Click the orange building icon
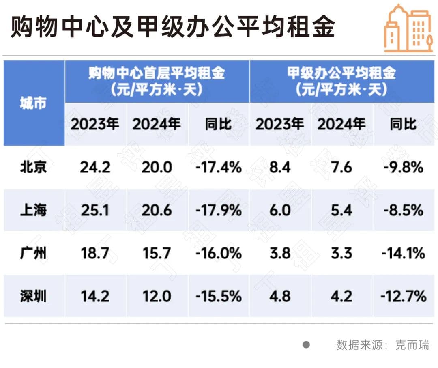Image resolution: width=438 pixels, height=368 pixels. coord(408,28)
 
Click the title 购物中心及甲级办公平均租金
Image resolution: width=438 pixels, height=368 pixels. coord(173,28)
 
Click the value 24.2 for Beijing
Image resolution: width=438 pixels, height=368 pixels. coord(95,167)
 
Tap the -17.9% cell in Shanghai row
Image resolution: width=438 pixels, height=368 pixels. coord(219,210)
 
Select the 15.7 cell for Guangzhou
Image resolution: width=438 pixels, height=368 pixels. coord(157,254)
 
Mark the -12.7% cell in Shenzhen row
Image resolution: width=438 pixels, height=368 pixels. coord(403,297)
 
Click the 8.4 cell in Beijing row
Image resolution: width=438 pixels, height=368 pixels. coord(280,167)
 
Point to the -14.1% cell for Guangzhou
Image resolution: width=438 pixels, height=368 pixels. coord(403,254)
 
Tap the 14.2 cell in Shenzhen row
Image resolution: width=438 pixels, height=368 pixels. coord(95,297)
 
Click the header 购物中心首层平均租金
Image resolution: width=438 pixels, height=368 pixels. coord(157,74)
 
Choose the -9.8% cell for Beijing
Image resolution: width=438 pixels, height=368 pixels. coord(403,167)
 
